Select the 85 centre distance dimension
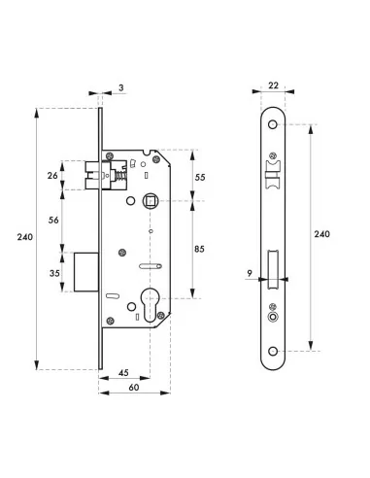[x=200, y=250]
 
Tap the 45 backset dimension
[x=123, y=372]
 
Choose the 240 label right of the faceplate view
[x=323, y=235]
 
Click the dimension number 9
[x=250, y=275]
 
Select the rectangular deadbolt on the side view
[x=84, y=271]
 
